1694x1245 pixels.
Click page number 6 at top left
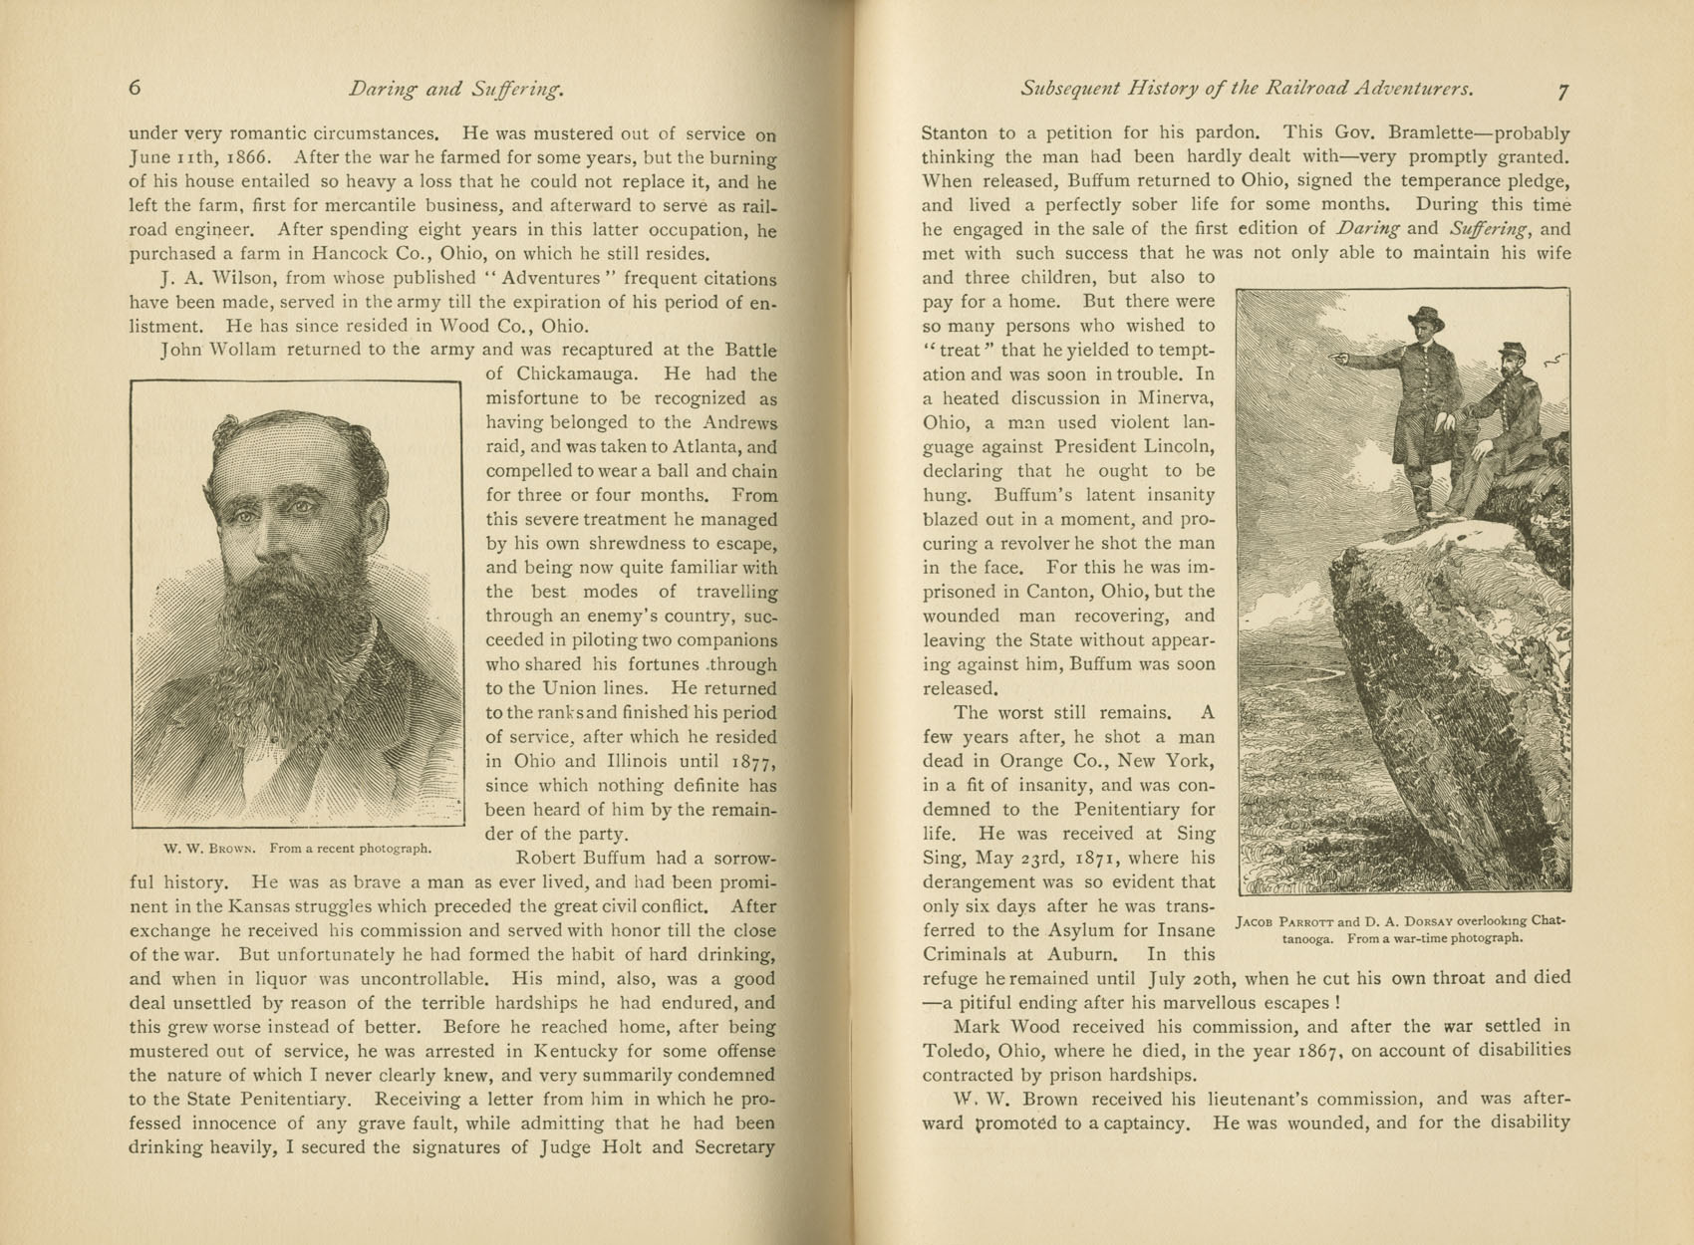coord(136,88)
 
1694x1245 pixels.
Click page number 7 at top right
coord(1562,91)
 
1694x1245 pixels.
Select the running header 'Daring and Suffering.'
coord(456,90)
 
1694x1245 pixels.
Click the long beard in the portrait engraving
coord(279,637)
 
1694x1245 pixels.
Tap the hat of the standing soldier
coord(1425,318)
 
